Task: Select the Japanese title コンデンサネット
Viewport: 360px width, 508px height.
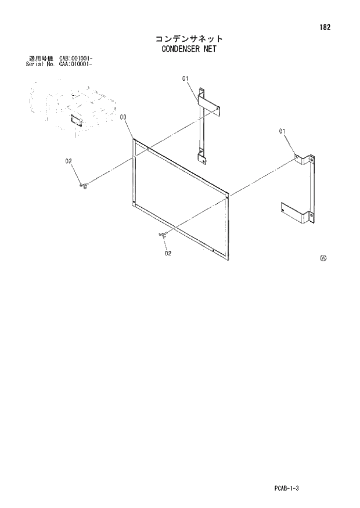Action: pyautogui.click(x=189, y=39)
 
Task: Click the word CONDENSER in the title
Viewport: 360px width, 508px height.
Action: pyautogui.click(x=179, y=49)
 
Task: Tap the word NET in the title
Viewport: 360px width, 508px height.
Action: pyautogui.click(x=208, y=49)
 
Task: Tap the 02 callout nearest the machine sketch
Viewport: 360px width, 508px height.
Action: pyautogui.click(x=68, y=161)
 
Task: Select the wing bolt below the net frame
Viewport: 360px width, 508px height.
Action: pyautogui.click(x=163, y=234)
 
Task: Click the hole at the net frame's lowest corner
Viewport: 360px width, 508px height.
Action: pyautogui.click(x=214, y=251)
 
